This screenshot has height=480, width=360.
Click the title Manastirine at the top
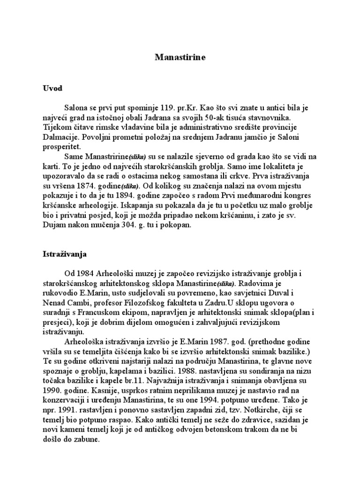(x=180, y=58)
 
